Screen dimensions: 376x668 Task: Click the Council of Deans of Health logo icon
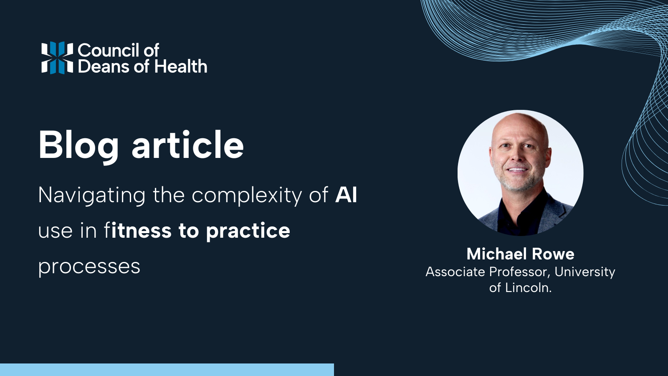tap(57, 58)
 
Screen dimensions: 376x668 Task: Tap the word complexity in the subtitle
tap(247, 195)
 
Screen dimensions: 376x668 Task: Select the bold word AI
tap(346, 195)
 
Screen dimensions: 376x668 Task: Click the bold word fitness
tap(138, 231)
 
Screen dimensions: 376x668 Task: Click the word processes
tap(89, 267)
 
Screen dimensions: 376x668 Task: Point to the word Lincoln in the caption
tap(528, 288)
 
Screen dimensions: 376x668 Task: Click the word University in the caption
tap(584, 272)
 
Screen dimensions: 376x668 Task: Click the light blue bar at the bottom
tap(167, 370)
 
